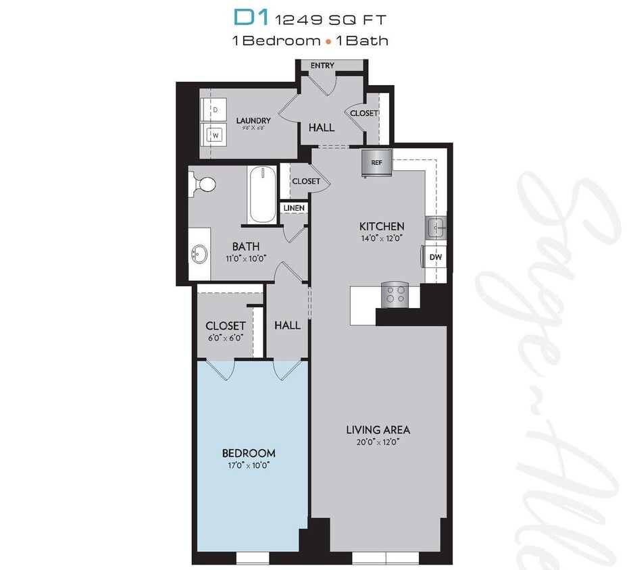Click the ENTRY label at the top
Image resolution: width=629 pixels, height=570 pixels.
point(323,66)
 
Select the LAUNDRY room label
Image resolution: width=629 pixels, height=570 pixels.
point(253,121)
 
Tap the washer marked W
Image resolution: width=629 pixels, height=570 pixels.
point(216,134)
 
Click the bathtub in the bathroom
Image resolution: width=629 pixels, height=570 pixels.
point(262,196)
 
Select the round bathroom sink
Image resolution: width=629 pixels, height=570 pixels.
point(199,255)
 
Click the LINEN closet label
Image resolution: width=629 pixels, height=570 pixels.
point(294,208)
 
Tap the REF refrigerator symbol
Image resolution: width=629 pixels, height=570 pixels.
point(376,163)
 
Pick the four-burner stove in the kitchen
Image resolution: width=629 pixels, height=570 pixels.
point(394,294)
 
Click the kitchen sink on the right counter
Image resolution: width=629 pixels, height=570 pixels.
point(434,228)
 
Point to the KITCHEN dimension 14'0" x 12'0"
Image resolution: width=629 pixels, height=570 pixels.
point(382,238)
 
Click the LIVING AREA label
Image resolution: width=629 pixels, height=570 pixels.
point(378,430)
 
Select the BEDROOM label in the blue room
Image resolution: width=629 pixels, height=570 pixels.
point(249,452)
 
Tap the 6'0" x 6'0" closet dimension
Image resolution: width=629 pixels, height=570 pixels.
point(225,338)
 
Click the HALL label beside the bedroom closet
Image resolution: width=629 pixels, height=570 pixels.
point(287,325)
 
